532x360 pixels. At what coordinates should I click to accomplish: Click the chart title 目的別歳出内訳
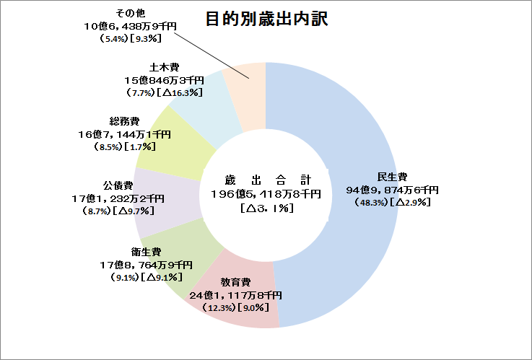coord(267,19)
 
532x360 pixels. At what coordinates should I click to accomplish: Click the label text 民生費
coord(392,177)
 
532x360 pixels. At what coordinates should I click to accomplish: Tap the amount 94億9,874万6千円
coord(392,190)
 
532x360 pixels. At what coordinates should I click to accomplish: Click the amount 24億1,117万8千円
coord(235,295)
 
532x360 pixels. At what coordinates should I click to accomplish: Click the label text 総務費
coord(125,121)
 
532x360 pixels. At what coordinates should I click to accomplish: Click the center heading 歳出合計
coord(266,180)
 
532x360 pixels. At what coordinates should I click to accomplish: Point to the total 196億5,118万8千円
coord(266,193)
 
